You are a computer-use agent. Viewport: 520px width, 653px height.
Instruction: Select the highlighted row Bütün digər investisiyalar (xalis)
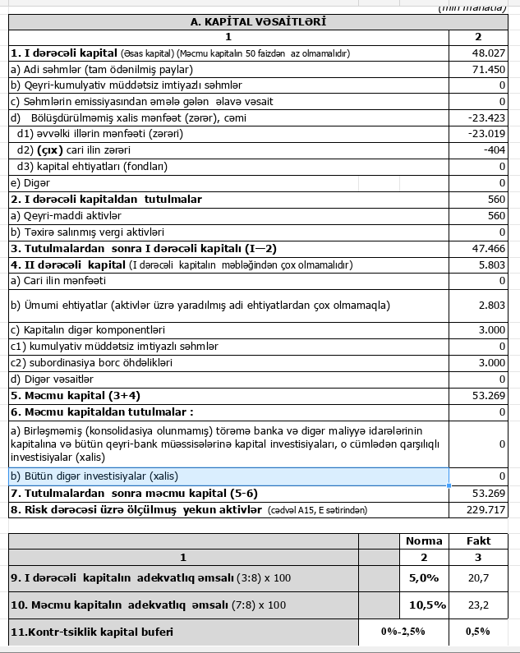[228, 476]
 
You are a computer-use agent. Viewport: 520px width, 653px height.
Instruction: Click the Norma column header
[424, 540]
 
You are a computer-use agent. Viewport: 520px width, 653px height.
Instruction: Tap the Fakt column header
[479, 540]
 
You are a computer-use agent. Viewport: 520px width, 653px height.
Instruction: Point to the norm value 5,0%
[425, 577]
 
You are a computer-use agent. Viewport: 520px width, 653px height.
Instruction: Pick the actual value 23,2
[479, 605]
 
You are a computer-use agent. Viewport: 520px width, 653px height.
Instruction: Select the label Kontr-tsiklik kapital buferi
[92, 632]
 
